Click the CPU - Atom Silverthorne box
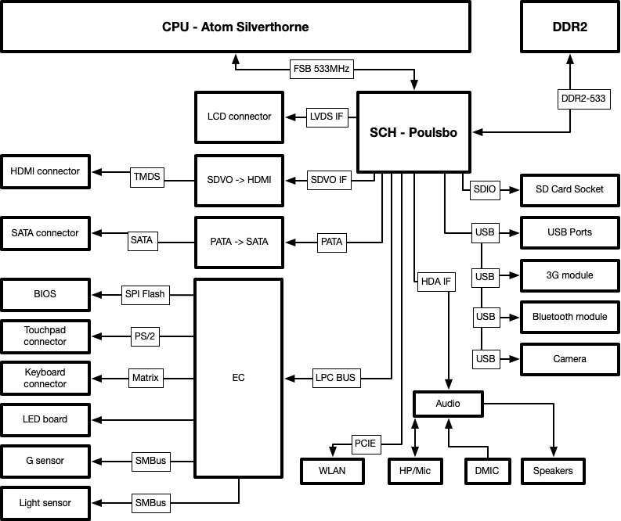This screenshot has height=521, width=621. click(x=235, y=27)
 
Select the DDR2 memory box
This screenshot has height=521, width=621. click(x=569, y=27)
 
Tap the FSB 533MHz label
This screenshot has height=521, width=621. click(x=321, y=69)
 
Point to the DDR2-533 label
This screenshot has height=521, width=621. click(x=581, y=99)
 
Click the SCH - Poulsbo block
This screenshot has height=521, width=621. click(x=413, y=132)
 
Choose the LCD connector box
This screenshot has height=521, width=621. click(x=239, y=117)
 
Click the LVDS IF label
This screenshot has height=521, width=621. click(x=327, y=117)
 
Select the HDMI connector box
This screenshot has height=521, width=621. click(x=45, y=171)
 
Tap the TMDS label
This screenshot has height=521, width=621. click(x=146, y=177)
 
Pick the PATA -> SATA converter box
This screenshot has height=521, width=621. click(x=239, y=241)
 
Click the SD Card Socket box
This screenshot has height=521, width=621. click(x=569, y=189)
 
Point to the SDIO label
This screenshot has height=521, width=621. click(x=485, y=189)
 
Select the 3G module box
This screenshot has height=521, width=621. click(x=569, y=275)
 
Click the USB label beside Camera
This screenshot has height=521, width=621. click(x=485, y=359)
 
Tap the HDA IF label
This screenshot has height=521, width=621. click(x=436, y=282)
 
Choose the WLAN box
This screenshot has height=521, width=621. click(x=333, y=471)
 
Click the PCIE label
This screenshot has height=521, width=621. click(x=365, y=444)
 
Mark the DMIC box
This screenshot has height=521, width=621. click(x=486, y=471)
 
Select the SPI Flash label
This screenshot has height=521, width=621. click(x=145, y=294)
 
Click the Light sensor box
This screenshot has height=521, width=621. click(x=45, y=503)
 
